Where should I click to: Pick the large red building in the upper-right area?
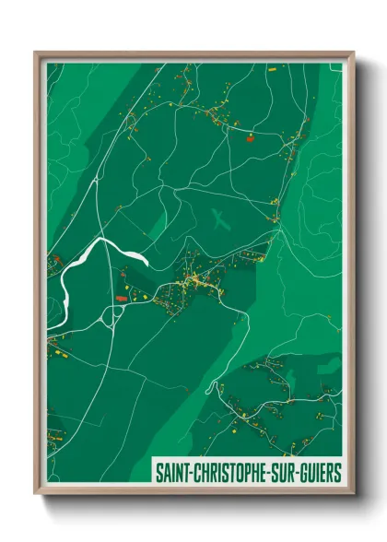tap(250, 141)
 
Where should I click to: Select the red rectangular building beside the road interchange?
tap(121, 298)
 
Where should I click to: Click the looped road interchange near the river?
tap(116, 311)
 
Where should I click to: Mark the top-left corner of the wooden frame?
tap(35, 53)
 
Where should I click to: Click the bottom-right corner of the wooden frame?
tap(353, 495)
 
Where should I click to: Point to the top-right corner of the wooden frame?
tap(353, 53)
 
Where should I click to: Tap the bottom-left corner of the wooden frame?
tap(35, 495)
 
